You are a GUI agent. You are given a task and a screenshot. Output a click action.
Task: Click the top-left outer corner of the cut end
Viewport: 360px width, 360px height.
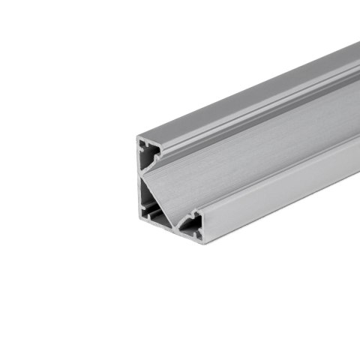point(138,137)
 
